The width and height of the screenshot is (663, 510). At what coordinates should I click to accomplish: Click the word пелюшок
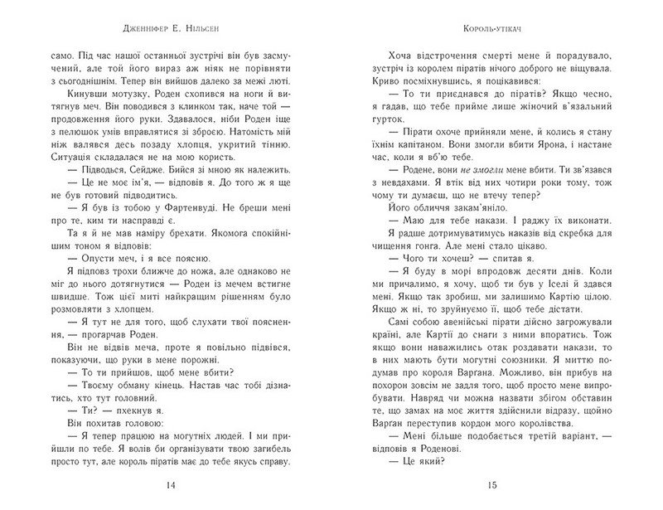pos(114,153)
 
